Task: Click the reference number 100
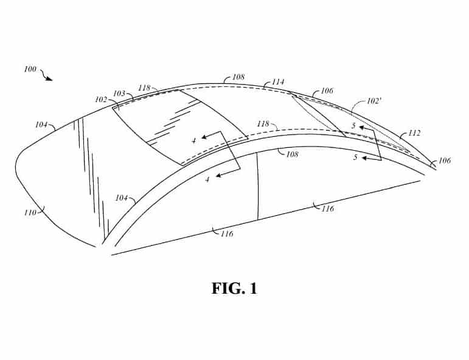[x=30, y=69]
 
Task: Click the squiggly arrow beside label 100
[x=46, y=75]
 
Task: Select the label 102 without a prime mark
[x=101, y=100]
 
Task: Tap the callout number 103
[x=119, y=93]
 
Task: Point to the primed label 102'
[x=373, y=101]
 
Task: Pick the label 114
[x=278, y=82]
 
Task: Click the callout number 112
[x=414, y=133]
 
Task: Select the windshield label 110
[x=30, y=213]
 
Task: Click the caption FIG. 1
[x=234, y=288]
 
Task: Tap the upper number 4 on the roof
[x=194, y=140]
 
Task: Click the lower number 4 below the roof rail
[x=207, y=179]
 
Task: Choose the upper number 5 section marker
[x=353, y=126]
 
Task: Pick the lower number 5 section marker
[x=355, y=157]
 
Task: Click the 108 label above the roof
[x=238, y=77]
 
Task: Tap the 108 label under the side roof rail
[x=292, y=154]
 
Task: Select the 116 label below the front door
[x=227, y=234]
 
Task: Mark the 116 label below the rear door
[x=327, y=209]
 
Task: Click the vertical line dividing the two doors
[x=257, y=186]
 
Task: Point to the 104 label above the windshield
[x=41, y=125]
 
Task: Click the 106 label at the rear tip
[x=445, y=161]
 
